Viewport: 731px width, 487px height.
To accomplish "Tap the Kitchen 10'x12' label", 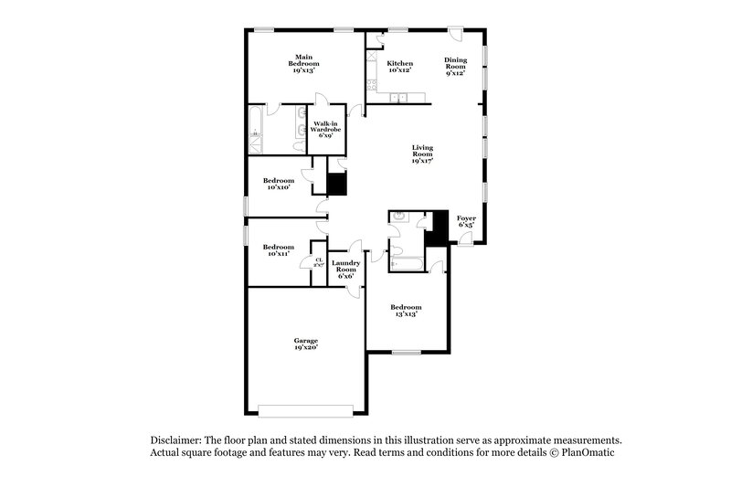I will [x=400, y=67].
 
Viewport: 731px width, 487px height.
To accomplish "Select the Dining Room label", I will [x=455, y=67].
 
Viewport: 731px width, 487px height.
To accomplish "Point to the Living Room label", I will [x=422, y=153].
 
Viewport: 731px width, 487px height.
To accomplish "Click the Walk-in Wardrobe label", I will [x=326, y=129].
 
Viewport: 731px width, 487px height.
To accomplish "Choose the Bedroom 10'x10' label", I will [x=278, y=184].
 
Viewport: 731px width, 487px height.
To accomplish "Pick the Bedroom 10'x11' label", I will [x=278, y=249].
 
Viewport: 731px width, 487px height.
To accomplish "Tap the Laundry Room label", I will [x=345, y=269].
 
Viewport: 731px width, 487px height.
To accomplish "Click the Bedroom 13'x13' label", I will [x=407, y=310].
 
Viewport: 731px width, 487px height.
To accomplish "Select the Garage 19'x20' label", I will [x=305, y=344].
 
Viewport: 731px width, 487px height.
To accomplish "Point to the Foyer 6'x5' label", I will [x=466, y=221].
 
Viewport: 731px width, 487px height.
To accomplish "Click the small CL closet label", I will [x=319, y=262].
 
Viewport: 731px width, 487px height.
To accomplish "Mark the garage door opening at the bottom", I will [x=304, y=408].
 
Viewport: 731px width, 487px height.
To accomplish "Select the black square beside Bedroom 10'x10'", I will [x=337, y=184].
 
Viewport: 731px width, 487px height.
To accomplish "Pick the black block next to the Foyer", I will [x=440, y=228].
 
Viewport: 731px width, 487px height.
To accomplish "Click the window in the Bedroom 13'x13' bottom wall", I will [x=406, y=352].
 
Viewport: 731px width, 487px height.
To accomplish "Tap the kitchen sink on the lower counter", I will [x=400, y=97].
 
